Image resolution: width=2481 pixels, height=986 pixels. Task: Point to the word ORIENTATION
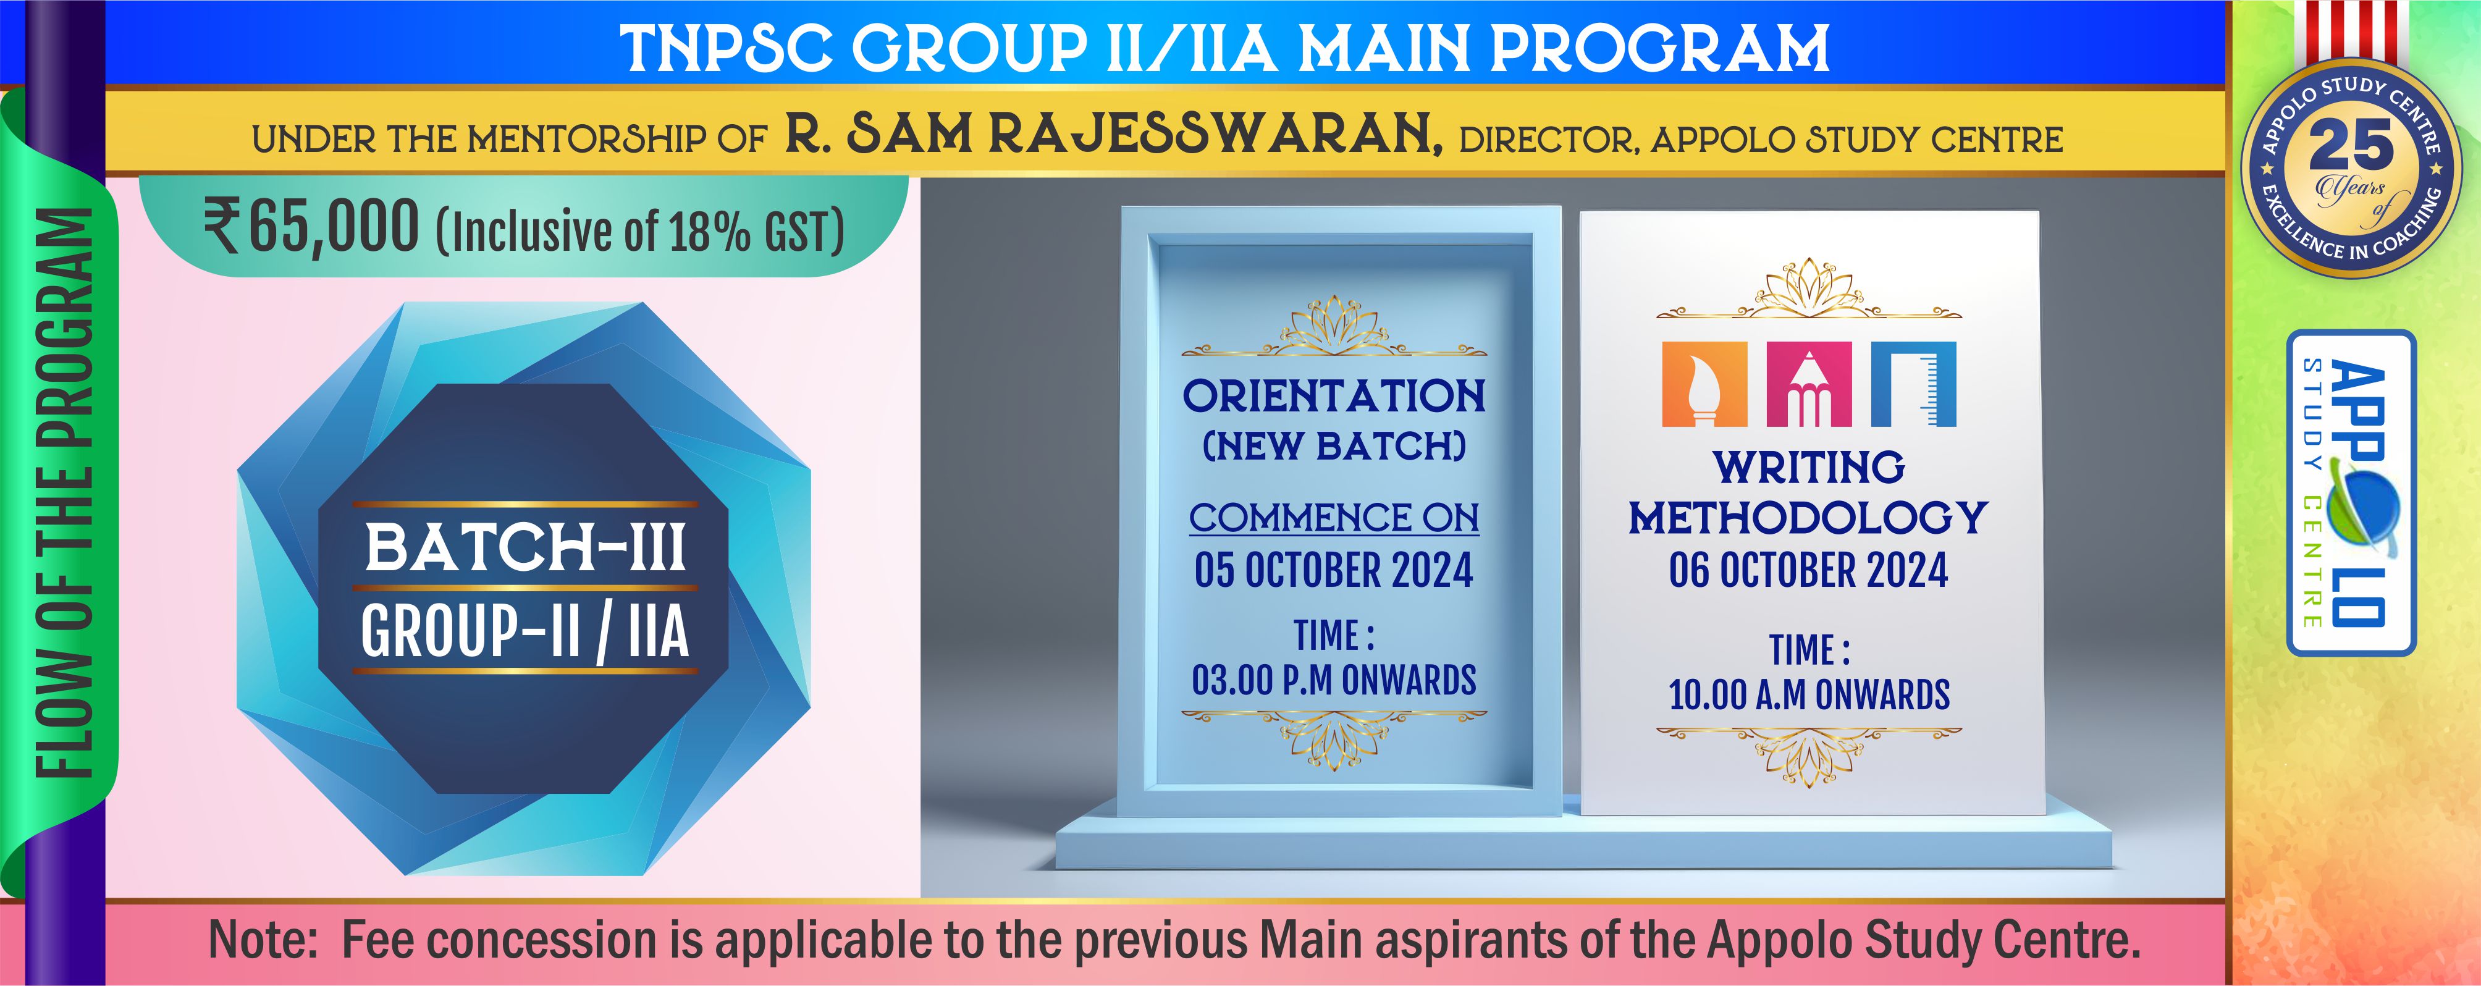point(1334,396)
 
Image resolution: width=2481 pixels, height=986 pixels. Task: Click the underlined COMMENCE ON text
point(1334,518)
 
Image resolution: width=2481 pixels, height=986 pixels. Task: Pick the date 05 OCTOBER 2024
point(1334,570)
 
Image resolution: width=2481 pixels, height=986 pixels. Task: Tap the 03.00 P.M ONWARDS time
point(1334,680)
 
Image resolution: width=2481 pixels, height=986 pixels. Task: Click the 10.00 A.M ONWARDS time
point(1809,694)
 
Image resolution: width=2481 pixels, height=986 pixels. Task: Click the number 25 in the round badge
point(2351,146)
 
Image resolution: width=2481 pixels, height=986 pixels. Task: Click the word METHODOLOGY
point(1809,518)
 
